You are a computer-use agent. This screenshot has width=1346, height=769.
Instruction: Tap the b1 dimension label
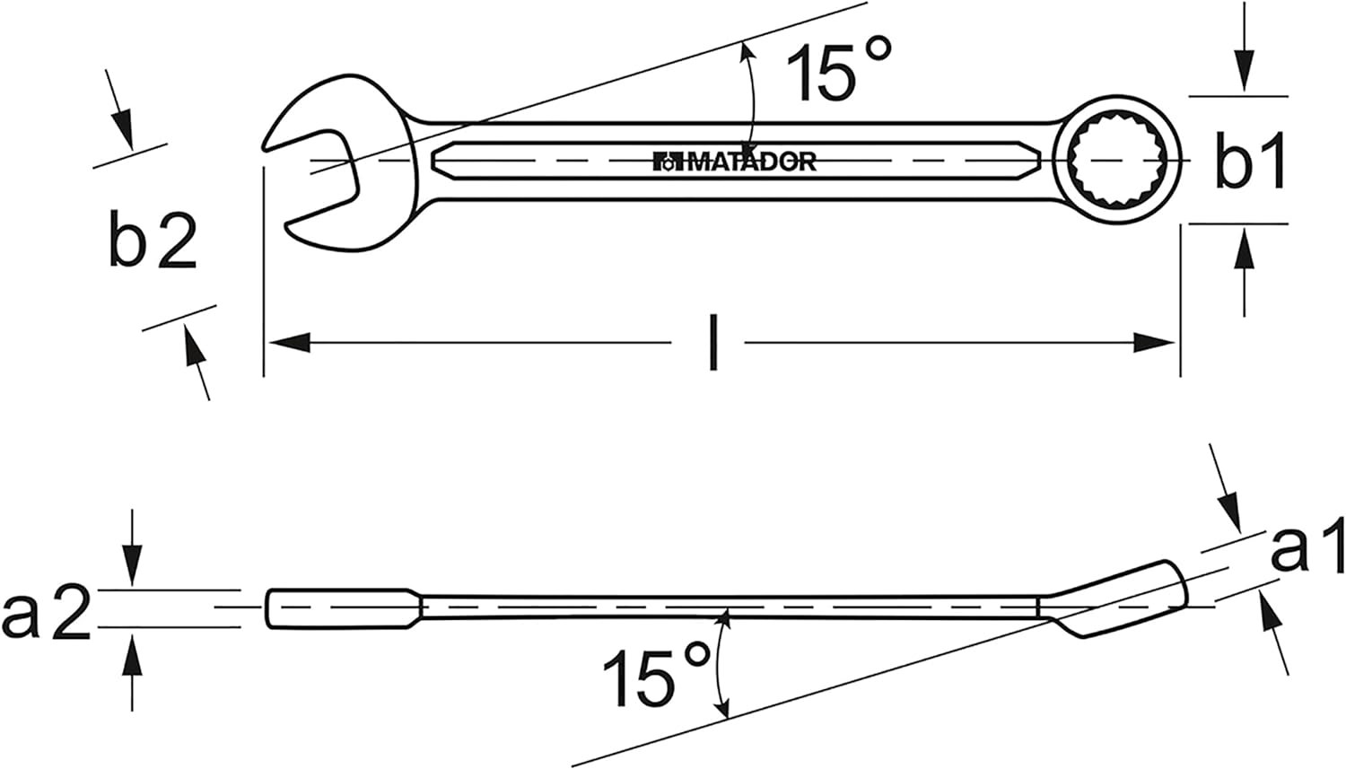(x=1251, y=162)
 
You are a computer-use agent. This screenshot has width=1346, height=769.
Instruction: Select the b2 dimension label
(x=153, y=241)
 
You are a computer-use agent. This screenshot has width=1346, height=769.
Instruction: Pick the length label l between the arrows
(x=712, y=343)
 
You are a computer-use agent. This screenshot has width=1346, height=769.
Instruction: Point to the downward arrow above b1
(x=1243, y=72)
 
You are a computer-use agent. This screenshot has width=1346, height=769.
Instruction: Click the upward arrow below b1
(x=1243, y=251)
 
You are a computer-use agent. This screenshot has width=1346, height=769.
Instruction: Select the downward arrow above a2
(x=132, y=565)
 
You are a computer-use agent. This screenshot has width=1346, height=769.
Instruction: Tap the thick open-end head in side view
(x=341, y=607)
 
